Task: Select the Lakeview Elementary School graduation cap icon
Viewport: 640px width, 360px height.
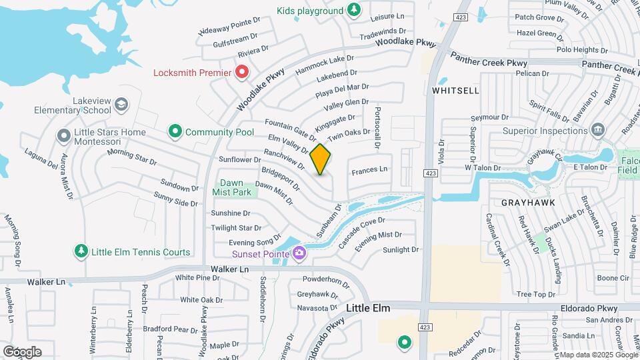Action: (121, 104)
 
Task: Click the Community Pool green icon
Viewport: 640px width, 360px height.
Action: (175, 132)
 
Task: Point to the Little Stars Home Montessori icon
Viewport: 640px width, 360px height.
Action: (64, 136)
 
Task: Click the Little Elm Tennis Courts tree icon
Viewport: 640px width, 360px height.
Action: (81, 251)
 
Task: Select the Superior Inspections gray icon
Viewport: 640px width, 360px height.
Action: (597, 130)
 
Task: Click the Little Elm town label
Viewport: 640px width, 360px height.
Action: (368, 309)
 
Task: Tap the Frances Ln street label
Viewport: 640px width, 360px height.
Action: (369, 169)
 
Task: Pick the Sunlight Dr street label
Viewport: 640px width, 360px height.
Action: (401, 250)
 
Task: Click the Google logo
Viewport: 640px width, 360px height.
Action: (22, 352)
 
